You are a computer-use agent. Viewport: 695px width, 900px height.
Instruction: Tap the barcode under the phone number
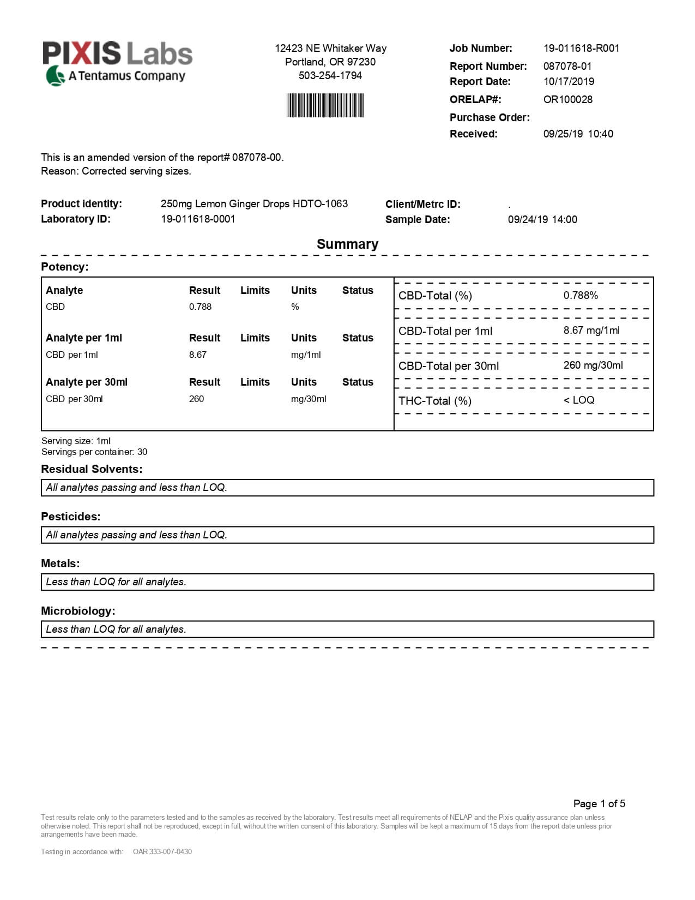click(325, 105)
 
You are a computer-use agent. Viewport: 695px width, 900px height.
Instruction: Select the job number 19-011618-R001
click(581, 48)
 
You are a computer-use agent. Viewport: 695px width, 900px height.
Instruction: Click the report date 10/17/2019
click(569, 81)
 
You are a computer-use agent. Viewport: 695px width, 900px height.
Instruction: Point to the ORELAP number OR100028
click(567, 99)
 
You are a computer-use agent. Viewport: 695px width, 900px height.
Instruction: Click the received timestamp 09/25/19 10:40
click(578, 134)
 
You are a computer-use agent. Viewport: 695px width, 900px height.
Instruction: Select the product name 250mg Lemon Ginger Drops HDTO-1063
click(254, 203)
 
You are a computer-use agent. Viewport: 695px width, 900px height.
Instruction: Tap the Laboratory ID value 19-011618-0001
click(198, 219)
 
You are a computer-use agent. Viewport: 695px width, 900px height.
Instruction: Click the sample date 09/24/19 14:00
click(542, 219)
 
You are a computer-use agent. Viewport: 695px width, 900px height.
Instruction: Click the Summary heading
click(347, 244)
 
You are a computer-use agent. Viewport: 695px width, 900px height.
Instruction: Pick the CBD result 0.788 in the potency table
click(200, 307)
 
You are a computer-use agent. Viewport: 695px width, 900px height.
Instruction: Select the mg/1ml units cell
click(306, 355)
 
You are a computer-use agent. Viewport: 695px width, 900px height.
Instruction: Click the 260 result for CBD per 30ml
click(196, 399)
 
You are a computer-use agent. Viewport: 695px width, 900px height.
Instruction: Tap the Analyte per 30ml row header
click(87, 382)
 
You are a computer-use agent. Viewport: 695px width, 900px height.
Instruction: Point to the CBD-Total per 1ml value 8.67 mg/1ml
click(591, 330)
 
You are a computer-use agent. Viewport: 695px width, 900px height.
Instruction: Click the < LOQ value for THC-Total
click(579, 400)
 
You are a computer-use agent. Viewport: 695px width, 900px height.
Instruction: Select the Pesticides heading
click(71, 516)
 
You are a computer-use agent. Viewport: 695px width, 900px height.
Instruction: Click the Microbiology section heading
click(78, 611)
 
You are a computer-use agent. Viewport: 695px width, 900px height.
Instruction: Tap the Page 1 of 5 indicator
click(599, 803)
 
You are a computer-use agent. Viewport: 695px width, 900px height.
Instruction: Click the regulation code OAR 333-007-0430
click(162, 851)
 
